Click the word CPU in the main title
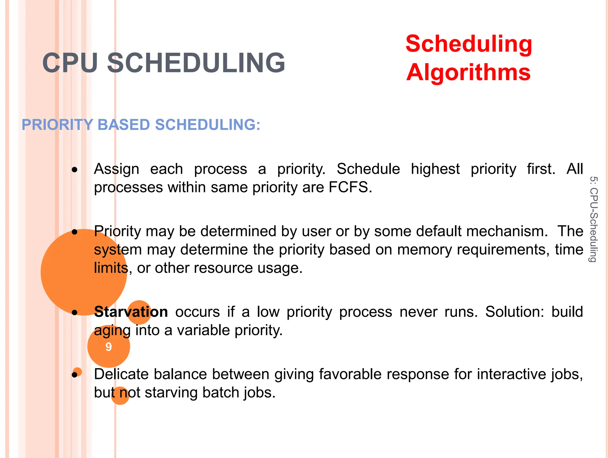coord(70,63)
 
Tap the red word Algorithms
coord(468,72)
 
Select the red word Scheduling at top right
coord(469,44)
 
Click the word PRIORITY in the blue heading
coord(57,125)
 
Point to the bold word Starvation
coord(131,312)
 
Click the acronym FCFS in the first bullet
coord(350,187)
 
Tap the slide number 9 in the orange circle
coord(109,347)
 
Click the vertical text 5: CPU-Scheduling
coord(593,219)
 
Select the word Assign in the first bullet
coord(116,169)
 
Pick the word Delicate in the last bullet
coord(121,374)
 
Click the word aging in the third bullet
coord(112,331)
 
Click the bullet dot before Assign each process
coord(74,170)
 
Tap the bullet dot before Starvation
coord(74,312)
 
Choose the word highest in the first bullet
coord(435,169)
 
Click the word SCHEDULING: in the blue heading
coord(208,125)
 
